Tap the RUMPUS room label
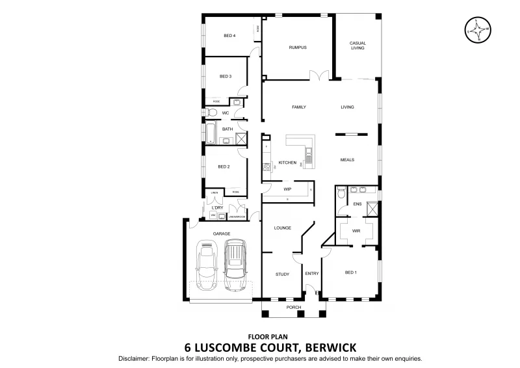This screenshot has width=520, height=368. click(297, 47)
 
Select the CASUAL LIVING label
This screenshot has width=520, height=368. click(358, 46)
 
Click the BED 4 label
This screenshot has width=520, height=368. click(229, 36)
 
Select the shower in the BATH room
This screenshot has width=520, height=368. click(241, 138)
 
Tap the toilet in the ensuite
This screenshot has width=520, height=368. click(340, 192)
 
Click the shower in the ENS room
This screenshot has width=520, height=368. click(372, 209)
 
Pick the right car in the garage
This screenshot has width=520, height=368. click(235, 265)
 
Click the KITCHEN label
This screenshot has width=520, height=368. click(287, 163)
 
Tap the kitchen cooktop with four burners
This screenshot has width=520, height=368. click(266, 166)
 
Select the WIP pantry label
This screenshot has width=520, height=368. click(287, 189)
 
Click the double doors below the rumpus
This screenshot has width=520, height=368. click(318, 78)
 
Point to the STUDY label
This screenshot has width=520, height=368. click(281, 274)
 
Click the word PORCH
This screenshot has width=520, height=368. click(294, 307)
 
